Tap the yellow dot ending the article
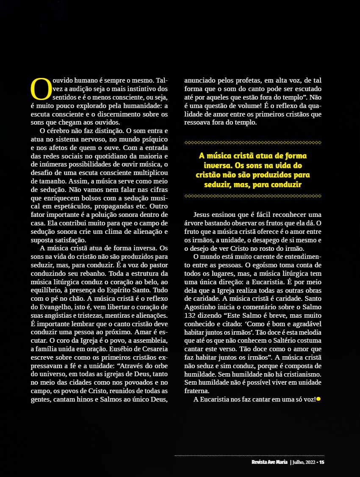click(x=318, y=399)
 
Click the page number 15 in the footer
click(x=322, y=462)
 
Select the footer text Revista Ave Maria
click(x=269, y=462)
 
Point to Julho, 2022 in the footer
click(x=303, y=462)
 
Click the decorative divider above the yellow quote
click(x=253, y=142)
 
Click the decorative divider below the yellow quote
click(x=253, y=196)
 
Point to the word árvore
click(x=193, y=223)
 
